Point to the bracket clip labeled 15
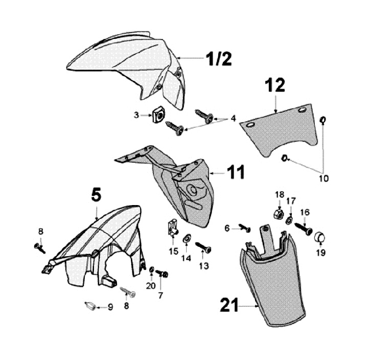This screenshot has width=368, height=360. [173, 228]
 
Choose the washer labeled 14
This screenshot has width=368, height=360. [187, 238]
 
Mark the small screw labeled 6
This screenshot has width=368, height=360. [244, 228]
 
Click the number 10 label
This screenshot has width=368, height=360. [325, 178]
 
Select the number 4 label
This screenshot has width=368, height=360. [233, 118]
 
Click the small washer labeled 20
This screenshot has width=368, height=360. [152, 269]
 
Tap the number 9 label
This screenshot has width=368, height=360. [110, 307]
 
